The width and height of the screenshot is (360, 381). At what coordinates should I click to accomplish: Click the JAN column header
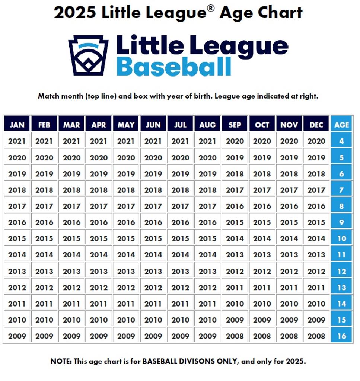[17, 125]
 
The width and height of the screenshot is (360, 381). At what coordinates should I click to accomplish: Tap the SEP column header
[235, 125]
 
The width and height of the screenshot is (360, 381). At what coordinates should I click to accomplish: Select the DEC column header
[316, 125]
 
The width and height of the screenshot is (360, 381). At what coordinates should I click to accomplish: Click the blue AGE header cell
[341, 125]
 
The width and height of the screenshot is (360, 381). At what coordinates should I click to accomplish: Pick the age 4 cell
[341, 141]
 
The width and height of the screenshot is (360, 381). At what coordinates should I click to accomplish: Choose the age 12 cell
[341, 271]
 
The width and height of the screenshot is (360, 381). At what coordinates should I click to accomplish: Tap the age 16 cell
[341, 336]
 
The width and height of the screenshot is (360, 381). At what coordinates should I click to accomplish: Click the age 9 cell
[341, 222]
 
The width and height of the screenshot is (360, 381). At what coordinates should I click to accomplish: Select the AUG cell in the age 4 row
[207, 141]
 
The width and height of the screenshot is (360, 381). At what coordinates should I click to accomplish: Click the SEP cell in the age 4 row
[235, 141]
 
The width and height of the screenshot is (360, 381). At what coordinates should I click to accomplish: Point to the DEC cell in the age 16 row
[316, 336]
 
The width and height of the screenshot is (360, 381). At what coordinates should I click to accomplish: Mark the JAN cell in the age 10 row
[17, 238]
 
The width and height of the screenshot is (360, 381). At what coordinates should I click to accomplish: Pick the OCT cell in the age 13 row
[262, 288]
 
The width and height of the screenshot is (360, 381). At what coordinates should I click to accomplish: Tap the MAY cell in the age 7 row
[126, 190]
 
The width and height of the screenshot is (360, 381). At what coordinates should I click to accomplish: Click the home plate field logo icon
[88, 55]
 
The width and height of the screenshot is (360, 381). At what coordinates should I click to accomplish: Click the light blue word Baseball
[174, 67]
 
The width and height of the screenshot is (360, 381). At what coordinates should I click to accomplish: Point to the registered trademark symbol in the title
[211, 8]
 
